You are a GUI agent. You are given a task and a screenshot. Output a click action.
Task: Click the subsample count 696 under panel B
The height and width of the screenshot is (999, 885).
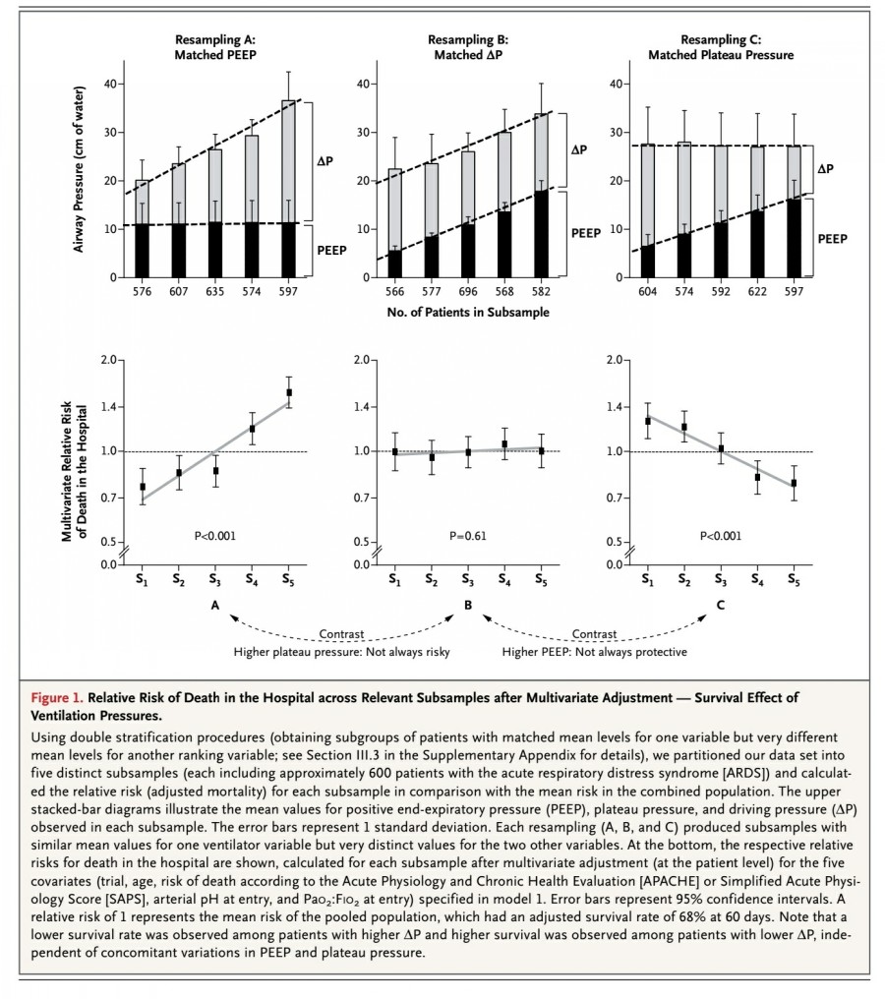(x=468, y=291)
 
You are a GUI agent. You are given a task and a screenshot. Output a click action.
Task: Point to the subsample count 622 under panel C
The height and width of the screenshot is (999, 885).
(x=757, y=291)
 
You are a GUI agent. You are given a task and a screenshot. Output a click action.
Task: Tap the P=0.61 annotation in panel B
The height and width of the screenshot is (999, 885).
(x=468, y=537)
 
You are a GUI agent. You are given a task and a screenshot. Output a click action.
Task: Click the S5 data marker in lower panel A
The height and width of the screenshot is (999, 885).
(x=289, y=392)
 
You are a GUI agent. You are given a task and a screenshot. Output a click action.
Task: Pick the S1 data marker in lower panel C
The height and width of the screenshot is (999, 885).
(x=648, y=421)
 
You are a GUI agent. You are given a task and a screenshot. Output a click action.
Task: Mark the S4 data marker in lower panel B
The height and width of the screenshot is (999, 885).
(x=504, y=444)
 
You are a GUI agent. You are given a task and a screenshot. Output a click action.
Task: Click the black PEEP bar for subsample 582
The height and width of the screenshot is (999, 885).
(x=541, y=234)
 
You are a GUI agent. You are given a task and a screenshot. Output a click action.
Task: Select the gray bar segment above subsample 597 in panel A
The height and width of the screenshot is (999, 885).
(x=289, y=161)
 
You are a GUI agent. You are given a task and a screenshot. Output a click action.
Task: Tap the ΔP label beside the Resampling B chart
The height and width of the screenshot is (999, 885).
(x=578, y=149)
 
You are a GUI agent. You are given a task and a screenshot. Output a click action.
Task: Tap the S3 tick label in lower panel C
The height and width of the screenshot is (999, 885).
(x=721, y=580)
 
